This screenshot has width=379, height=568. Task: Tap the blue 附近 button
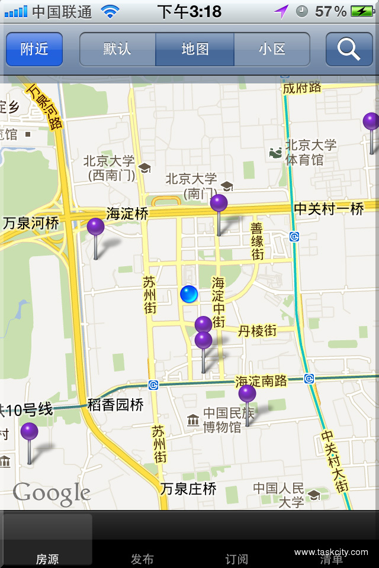[34, 49]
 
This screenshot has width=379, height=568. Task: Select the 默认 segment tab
[117, 49]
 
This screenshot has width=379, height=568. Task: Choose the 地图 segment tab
[195, 49]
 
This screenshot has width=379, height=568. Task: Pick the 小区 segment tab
[272, 49]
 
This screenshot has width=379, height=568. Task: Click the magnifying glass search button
[349, 49]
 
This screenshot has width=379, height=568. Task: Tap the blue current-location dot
[189, 293]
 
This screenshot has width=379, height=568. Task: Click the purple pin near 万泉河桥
[95, 227]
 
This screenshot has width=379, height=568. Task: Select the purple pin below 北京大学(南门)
[219, 204]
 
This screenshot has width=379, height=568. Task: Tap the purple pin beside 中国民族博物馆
[247, 394]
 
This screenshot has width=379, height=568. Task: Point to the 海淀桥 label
[127, 214]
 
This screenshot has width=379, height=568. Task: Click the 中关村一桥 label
[329, 209]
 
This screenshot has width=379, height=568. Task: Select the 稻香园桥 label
[115, 405]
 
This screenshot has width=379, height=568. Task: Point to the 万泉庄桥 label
[188, 489]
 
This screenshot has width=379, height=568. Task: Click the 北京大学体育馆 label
[310, 152]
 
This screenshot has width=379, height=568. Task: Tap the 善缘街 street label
[257, 241]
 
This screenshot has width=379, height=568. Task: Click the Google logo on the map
[52, 494]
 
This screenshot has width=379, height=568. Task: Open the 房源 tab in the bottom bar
[47, 559]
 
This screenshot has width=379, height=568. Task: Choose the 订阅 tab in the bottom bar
[237, 559]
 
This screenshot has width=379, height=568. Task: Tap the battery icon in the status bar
[361, 11]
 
